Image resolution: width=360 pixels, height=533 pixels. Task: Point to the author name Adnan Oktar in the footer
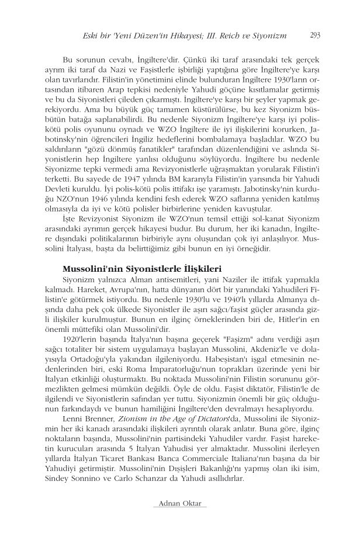(x=179, y=504)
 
